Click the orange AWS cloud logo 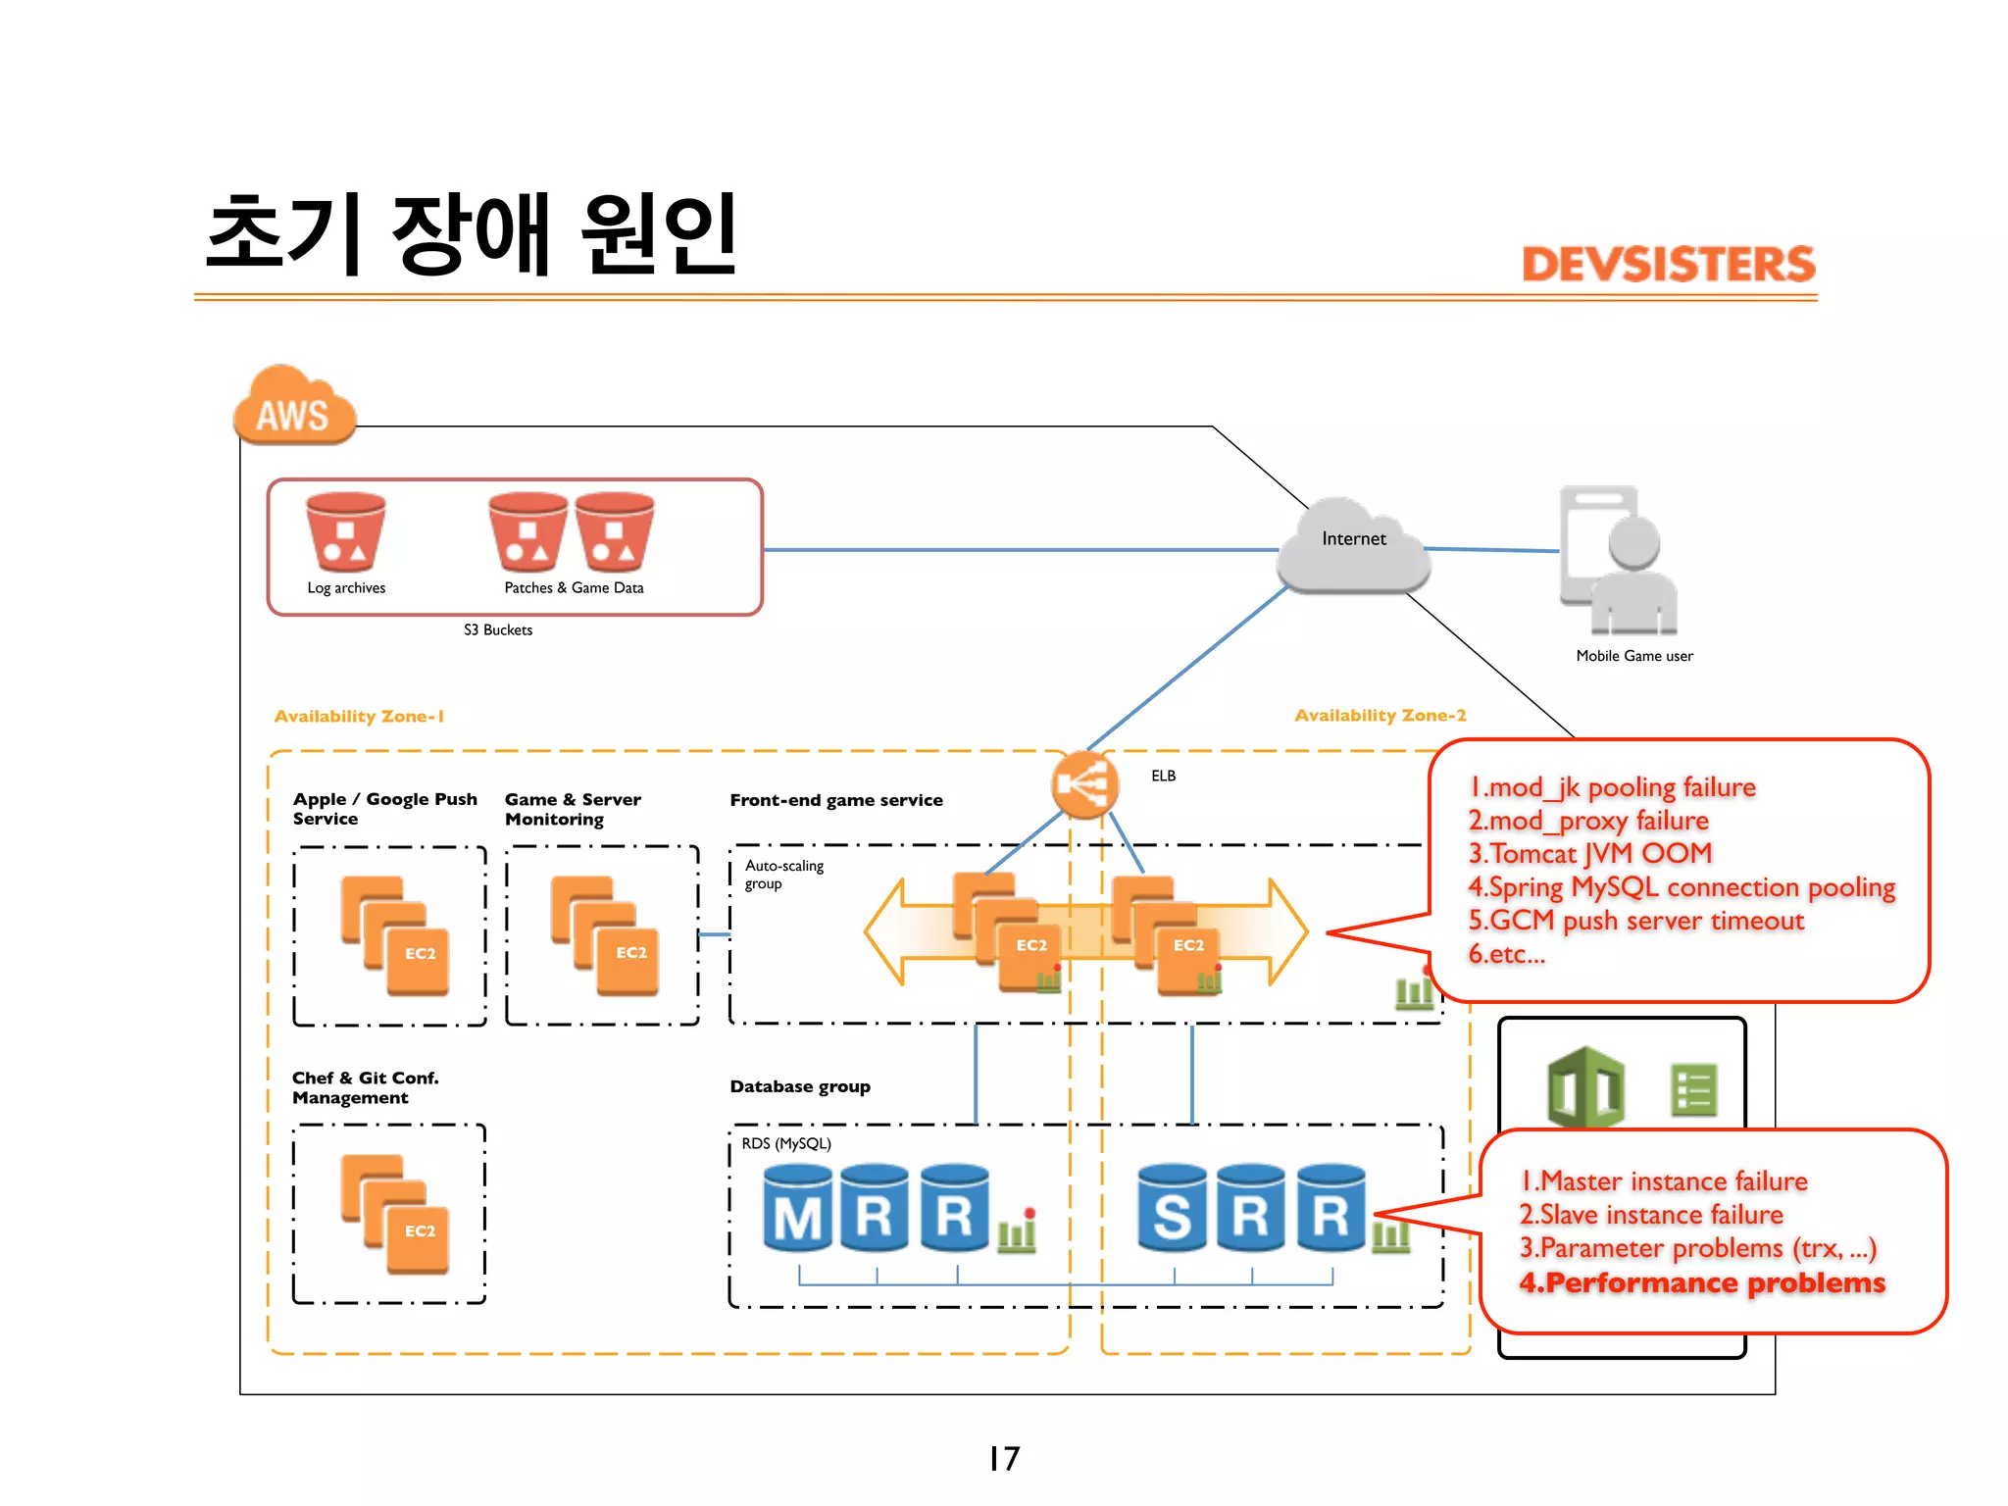293,407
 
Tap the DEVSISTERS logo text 1668,265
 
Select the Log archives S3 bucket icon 345,532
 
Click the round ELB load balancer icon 1084,784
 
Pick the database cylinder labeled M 798,1209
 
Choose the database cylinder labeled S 1172,1209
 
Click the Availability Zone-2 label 1380,716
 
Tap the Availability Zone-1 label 359,717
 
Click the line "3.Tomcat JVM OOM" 1589,854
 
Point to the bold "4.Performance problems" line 1702,1283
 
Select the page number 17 1004,1459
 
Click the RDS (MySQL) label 786,1144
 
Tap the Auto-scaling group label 783,875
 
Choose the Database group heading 800,1086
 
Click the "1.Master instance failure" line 1664,1181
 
